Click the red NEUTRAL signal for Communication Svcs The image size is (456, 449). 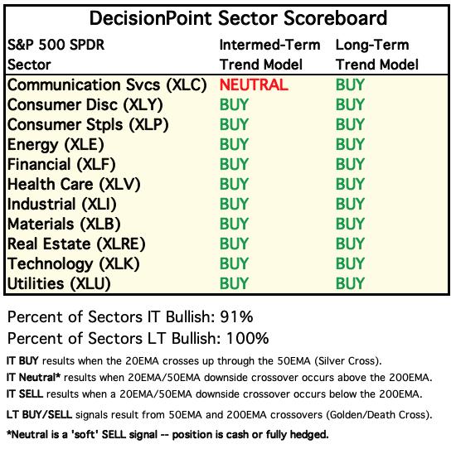tap(254, 84)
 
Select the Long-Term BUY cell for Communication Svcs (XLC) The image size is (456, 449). tap(350, 84)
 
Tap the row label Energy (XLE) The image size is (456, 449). tap(56, 145)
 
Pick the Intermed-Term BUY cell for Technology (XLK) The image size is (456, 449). tap(234, 263)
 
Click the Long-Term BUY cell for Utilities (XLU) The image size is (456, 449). tap(350, 283)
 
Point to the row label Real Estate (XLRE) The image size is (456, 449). tap(76, 244)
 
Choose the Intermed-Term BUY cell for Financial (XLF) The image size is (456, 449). tap(234, 164)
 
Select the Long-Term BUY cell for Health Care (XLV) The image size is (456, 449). tap(350, 184)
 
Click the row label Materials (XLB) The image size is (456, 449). tap(64, 224)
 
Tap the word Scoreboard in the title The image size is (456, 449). tap(335, 18)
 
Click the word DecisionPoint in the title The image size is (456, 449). tap(150, 18)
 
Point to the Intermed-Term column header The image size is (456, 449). tap(269, 45)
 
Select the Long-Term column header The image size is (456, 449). tap(372, 45)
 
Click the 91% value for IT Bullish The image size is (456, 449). tap(236, 316)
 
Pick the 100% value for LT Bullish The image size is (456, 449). tap(248, 338)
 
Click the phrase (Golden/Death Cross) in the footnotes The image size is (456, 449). tap(379, 415)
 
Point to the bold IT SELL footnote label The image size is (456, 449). tap(25, 394)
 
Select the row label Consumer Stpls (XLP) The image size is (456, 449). tap(88, 125)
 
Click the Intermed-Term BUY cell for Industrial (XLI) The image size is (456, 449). tap(234, 204)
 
